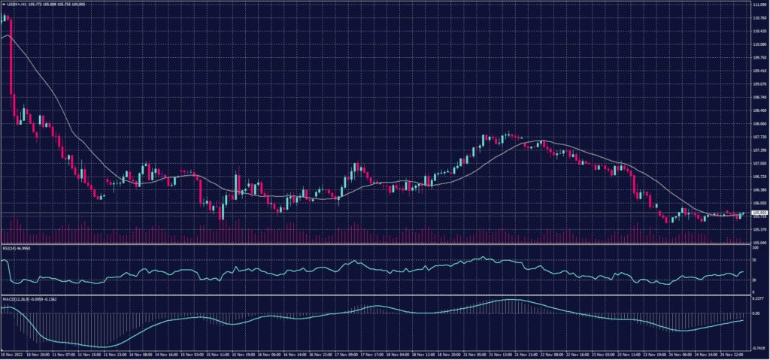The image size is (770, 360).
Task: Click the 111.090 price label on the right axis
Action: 759,5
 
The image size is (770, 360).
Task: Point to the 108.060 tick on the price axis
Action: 759,123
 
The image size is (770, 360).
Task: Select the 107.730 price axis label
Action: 759,137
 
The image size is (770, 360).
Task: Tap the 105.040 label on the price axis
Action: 759,242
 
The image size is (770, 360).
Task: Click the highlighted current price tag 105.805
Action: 759,213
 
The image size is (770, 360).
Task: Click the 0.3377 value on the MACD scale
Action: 758,298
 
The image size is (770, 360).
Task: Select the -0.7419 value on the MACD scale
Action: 758,348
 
